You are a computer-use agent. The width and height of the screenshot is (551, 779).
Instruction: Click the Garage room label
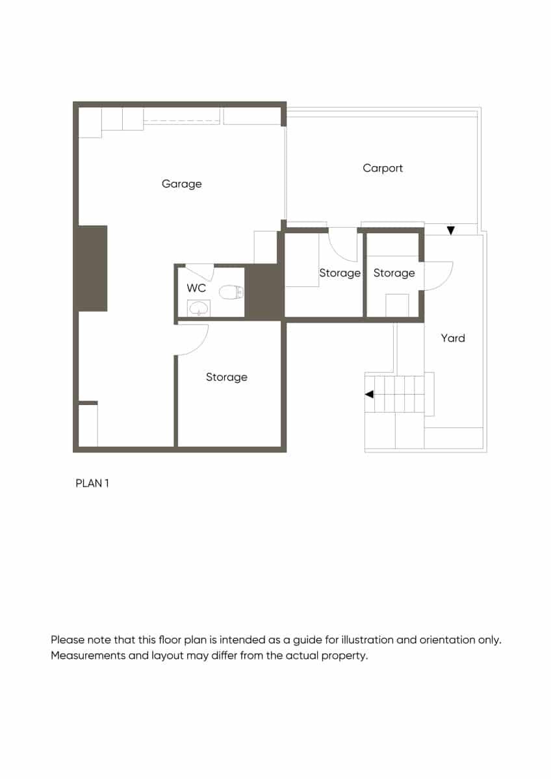tap(182, 184)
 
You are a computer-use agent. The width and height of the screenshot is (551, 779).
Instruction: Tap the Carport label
tap(383, 168)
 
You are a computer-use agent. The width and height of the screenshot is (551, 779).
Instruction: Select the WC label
tap(196, 288)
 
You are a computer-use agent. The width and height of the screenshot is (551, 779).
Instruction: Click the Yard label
tap(453, 338)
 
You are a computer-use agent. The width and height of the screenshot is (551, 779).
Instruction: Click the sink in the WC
tap(199, 308)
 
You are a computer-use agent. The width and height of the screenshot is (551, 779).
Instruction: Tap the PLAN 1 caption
tap(92, 484)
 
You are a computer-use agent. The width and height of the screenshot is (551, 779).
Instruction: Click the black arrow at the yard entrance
tap(451, 230)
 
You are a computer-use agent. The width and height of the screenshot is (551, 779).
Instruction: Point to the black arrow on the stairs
tap(369, 394)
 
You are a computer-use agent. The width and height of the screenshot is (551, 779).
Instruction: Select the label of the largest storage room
tap(227, 377)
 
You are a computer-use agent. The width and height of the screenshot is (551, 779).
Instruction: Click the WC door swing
tap(200, 271)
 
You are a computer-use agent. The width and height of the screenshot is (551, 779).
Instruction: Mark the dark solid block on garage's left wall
tap(92, 268)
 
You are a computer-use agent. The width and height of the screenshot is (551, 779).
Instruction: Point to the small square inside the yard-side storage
tap(397, 305)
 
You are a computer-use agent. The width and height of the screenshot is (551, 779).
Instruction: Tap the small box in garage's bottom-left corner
tap(88, 425)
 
